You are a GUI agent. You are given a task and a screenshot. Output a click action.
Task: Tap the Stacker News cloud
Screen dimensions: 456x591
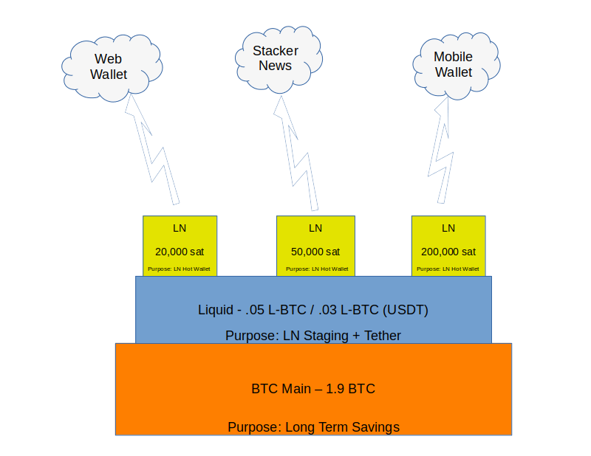(x=276, y=58)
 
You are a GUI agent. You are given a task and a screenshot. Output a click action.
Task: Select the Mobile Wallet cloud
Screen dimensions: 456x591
(x=454, y=65)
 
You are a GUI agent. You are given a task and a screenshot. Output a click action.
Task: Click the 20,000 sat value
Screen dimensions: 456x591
(x=180, y=251)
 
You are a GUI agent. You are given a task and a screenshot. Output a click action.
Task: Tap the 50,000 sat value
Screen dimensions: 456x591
(x=315, y=251)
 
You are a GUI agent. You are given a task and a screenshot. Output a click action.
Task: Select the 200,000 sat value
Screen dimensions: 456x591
(x=448, y=251)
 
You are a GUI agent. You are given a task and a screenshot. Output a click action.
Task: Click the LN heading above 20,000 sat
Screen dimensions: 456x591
(x=180, y=228)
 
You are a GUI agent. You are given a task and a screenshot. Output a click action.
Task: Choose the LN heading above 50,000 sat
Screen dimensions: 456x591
(x=315, y=228)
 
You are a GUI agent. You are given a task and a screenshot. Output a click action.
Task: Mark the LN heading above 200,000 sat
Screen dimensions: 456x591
(x=448, y=228)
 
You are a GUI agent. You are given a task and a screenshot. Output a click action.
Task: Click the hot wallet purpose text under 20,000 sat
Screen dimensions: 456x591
(x=180, y=269)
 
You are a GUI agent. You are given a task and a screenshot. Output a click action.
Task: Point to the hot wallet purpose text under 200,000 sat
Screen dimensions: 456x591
(x=448, y=269)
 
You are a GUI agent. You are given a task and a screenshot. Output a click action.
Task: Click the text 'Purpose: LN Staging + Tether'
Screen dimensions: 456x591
(x=313, y=336)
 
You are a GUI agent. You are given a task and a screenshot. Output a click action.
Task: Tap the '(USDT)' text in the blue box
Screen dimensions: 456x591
(x=406, y=310)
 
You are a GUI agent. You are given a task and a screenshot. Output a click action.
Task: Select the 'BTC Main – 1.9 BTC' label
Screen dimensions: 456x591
(x=313, y=388)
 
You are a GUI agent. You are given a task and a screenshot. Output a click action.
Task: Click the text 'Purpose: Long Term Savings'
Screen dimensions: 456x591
(x=313, y=426)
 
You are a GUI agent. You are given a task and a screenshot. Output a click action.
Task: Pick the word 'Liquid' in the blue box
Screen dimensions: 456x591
(x=215, y=310)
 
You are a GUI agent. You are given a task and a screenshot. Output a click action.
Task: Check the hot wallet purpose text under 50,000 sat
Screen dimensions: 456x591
(x=315, y=269)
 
